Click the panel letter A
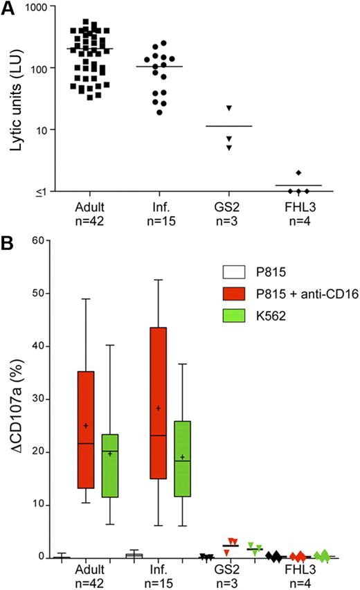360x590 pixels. [8, 9]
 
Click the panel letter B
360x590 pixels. [8, 243]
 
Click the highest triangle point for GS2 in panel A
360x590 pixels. [228, 108]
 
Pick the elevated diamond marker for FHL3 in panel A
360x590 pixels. [298, 172]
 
